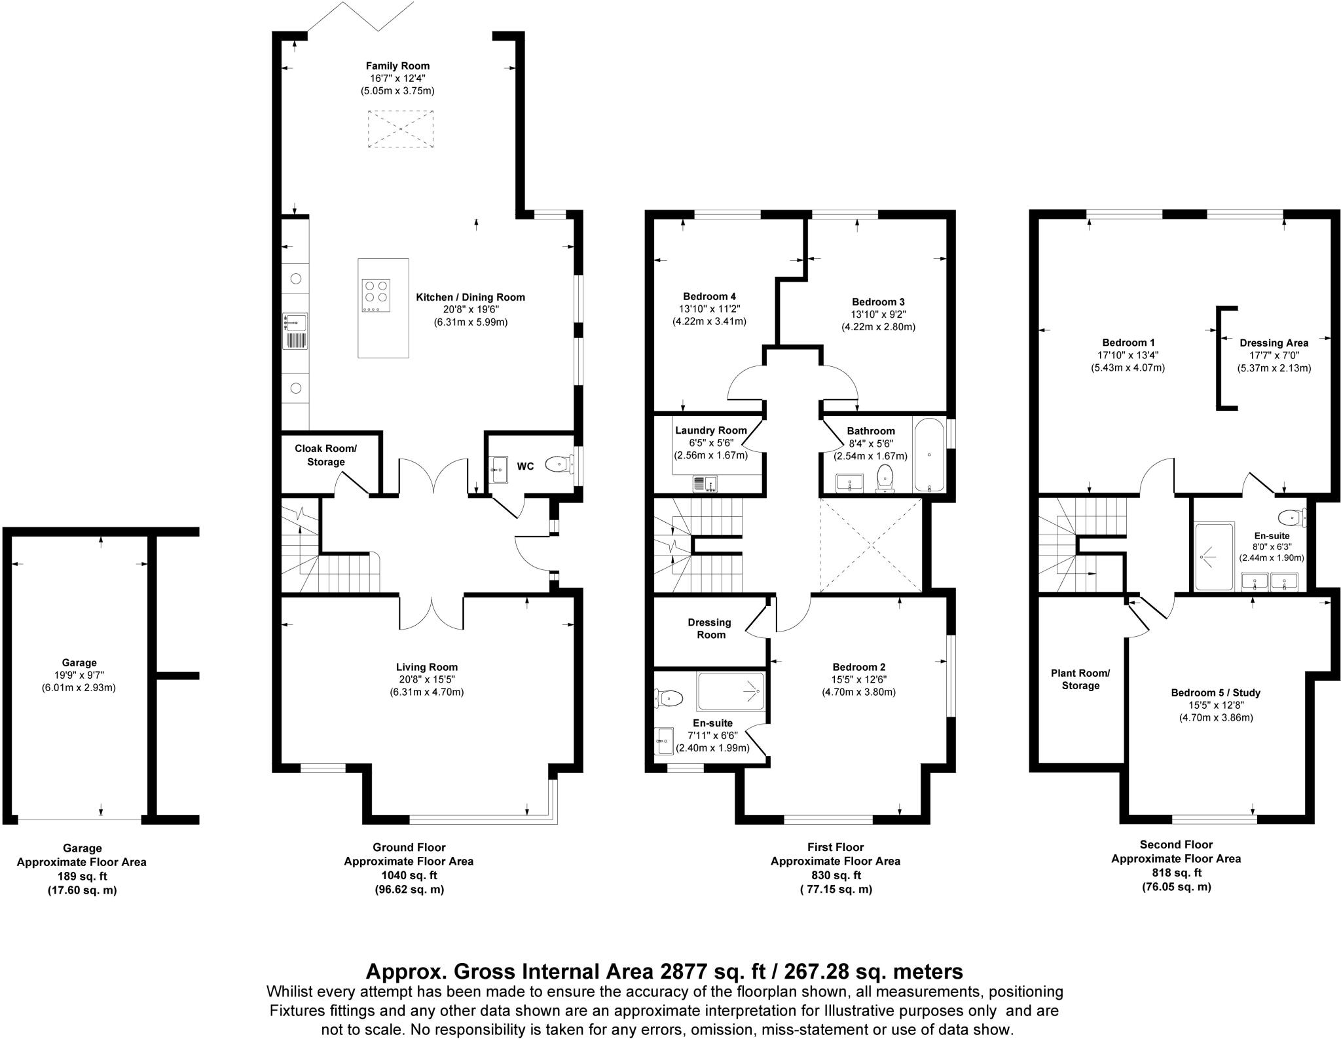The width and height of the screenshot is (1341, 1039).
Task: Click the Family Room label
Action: coord(397,66)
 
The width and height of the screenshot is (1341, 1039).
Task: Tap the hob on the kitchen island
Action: coord(376,295)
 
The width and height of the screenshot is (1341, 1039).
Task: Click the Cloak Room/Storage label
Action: coord(326,455)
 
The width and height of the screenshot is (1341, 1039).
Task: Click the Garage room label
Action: coord(79,662)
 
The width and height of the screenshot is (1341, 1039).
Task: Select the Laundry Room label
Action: coord(710,430)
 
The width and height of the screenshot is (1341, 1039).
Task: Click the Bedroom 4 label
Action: coord(709,296)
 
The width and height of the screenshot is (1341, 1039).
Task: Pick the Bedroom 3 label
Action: coord(878,302)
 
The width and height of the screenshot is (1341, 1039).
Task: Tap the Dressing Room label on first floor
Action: coord(710,628)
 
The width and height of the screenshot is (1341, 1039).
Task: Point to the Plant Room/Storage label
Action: coord(1080,679)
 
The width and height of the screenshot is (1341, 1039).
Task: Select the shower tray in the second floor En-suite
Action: coord(1214,557)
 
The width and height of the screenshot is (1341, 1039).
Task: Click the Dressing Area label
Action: coord(1274,343)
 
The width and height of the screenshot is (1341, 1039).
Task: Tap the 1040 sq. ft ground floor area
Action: coord(409,875)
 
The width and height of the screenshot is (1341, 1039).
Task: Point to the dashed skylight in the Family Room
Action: coord(401,128)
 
